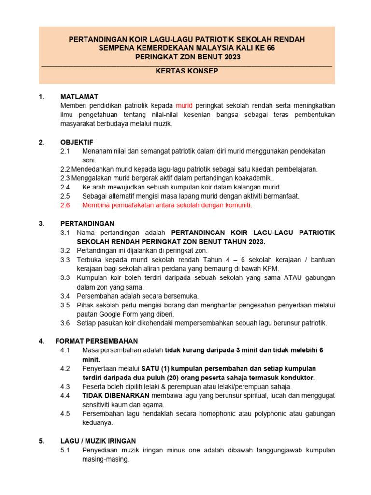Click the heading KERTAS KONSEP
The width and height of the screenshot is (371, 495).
point(187,71)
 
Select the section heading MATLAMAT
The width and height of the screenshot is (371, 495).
point(79,96)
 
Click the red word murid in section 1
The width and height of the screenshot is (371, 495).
point(184,105)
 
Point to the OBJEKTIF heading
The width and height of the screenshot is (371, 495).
point(77,142)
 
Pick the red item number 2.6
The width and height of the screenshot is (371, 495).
point(65,205)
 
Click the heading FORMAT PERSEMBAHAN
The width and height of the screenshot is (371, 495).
point(97,341)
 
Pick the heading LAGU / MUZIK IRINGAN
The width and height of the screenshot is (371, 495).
point(98,441)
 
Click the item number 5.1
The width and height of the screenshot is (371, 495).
point(65,450)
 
